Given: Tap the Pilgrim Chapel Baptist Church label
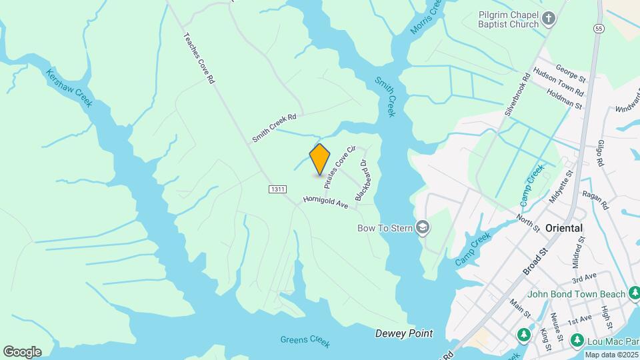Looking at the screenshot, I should tap(509, 19).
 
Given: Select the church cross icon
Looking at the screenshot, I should tap(549, 19).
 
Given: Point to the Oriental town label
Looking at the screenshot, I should tap(564, 228).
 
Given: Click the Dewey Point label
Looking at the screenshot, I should tap(404, 333).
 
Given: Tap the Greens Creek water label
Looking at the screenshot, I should tap(305, 340).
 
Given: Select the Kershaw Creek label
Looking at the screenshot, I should tap(69, 87).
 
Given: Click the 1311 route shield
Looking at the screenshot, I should tap(278, 190).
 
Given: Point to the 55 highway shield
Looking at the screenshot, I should tap(599, 29).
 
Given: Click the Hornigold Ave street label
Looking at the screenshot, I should tap(325, 202).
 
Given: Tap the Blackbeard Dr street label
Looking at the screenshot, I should tap(362, 179).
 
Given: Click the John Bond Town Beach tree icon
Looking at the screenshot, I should tap(635, 293).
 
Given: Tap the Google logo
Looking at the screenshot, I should tap(22, 351).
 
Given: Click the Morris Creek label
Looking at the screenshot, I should tap(427, 16).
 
